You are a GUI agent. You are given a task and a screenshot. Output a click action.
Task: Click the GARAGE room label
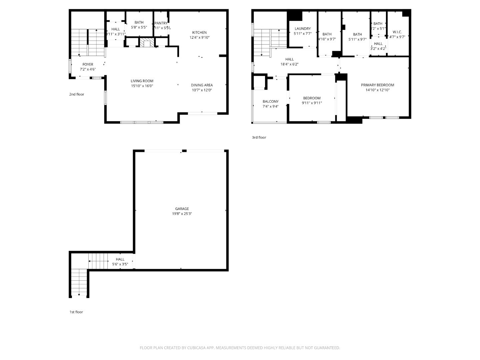(x=182, y=209)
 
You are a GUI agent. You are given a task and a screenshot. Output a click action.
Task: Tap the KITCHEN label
(x=199, y=33)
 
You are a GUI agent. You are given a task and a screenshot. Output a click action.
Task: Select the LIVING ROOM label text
(x=142, y=81)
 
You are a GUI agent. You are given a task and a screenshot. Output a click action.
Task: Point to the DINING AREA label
(x=202, y=85)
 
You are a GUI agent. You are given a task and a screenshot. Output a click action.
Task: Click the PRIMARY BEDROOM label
(x=377, y=85)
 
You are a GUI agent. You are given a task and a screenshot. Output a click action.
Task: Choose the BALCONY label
(x=270, y=102)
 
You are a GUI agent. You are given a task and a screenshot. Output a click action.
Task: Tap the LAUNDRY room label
(x=303, y=29)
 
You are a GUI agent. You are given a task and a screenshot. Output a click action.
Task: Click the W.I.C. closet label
(x=397, y=32)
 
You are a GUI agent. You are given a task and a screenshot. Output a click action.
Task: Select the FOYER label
(x=88, y=65)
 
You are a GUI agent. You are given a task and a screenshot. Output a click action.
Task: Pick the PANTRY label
(x=161, y=23)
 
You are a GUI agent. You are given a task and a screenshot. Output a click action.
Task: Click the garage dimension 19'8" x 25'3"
(x=182, y=214)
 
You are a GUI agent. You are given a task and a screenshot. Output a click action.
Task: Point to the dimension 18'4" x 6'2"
(x=289, y=64)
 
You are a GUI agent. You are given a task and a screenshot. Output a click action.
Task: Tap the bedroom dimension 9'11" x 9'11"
(x=312, y=103)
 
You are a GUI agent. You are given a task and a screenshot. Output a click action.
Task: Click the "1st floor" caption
(x=76, y=312)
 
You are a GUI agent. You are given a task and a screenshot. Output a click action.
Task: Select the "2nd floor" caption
(x=77, y=94)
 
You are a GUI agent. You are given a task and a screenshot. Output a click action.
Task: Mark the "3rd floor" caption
(x=259, y=137)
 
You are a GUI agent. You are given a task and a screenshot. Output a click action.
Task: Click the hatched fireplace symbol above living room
(x=147, y=43)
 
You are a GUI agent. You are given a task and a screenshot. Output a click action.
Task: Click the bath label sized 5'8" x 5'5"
(x=139, y=23)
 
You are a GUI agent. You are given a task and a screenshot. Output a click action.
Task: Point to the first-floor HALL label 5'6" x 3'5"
(x=120, y=259)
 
